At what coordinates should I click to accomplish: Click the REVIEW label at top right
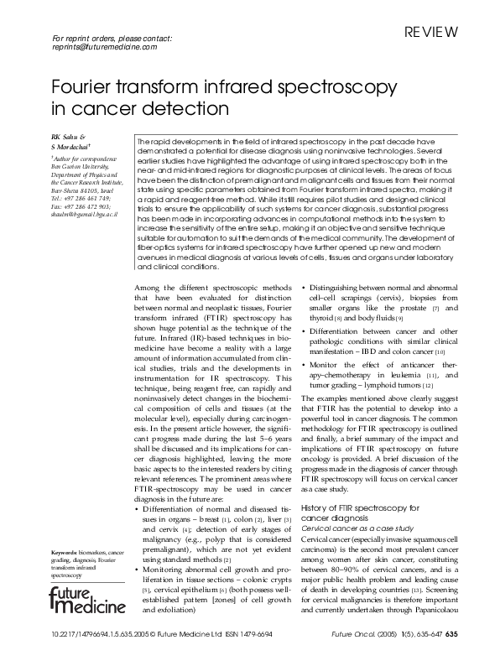pyautogui.click(x=431, y=34)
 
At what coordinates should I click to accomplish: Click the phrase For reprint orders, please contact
pyautogui.click(x=112, y=39)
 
